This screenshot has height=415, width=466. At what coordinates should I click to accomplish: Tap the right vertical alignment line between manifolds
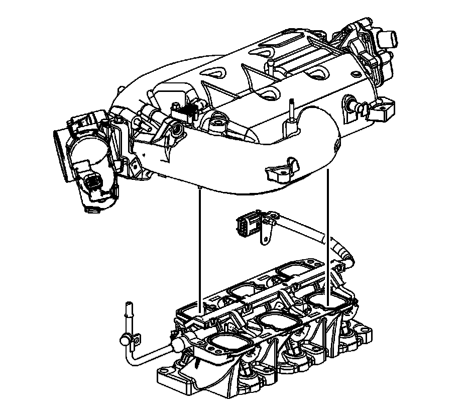coord(327,236)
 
